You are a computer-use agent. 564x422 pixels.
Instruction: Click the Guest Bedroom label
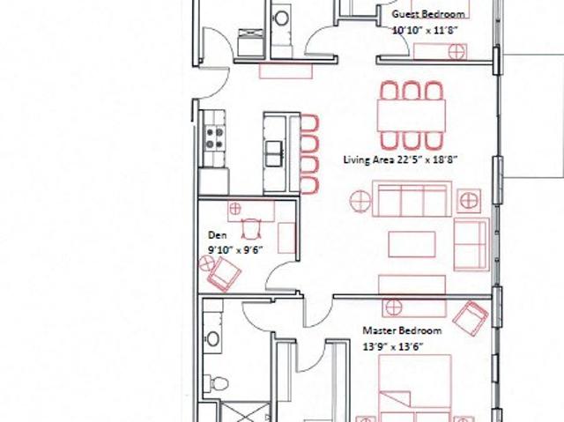click(428, 14)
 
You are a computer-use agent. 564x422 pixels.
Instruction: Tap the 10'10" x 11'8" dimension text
click(425, 30)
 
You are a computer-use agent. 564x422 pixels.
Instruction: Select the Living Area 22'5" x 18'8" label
click(400, 159)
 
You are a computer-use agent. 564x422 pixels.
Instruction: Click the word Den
click(218, 235)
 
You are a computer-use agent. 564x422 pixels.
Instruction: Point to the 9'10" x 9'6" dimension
click(235, 250)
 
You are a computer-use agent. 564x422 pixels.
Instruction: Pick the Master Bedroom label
click(402, 330)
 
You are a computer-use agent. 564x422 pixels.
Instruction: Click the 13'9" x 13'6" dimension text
click(393, 347)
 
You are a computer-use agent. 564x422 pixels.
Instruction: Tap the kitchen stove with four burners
click(215, 138)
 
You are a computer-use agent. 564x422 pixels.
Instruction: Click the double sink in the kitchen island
click(274, 154)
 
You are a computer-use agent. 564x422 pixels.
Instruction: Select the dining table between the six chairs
click(412, 115)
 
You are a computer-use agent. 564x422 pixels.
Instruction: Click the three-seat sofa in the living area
click(412, 199)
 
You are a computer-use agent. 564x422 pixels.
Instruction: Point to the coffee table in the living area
click(412, 244)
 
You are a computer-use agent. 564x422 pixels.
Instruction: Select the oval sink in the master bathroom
click(212, 338)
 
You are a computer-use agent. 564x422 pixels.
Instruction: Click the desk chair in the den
click(251, 228)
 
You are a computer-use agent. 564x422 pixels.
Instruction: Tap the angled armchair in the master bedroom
click(471, 319)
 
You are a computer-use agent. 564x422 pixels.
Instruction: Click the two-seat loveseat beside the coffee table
click(471, 244)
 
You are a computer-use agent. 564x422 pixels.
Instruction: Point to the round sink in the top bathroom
click(281, 18)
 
